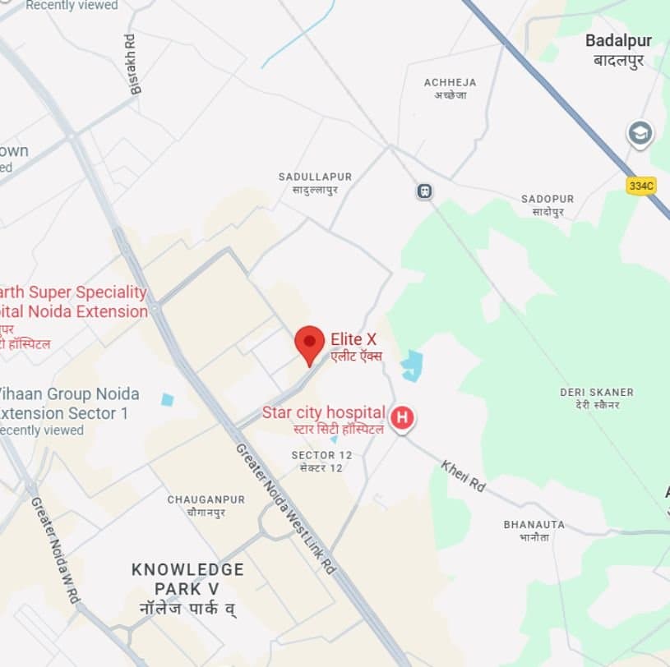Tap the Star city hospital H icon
402,417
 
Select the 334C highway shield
640,186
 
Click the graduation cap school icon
640,133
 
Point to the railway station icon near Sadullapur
424,191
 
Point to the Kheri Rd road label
463,476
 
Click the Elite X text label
353,339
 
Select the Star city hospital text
323,412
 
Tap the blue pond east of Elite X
412,366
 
